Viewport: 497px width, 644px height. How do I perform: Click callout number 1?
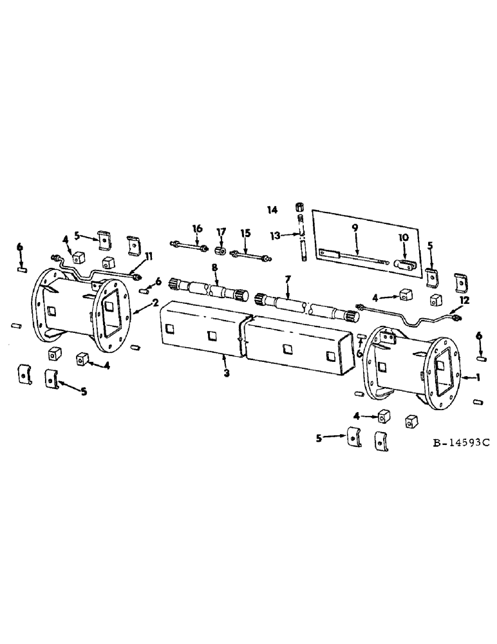click(477, 378)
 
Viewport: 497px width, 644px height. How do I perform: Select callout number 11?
click(149, 257)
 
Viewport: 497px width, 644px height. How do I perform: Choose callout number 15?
click(244, 231)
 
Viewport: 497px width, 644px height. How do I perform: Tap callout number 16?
click(196, 228)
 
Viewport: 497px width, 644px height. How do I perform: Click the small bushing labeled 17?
click(220, 251)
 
